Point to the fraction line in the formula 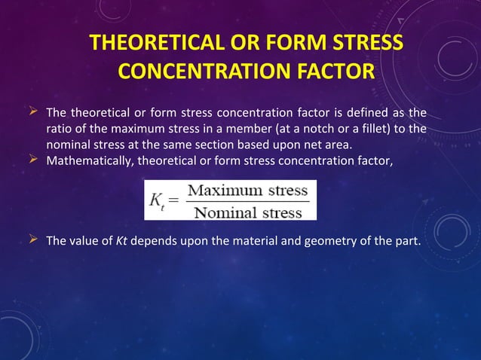[247, 201]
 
